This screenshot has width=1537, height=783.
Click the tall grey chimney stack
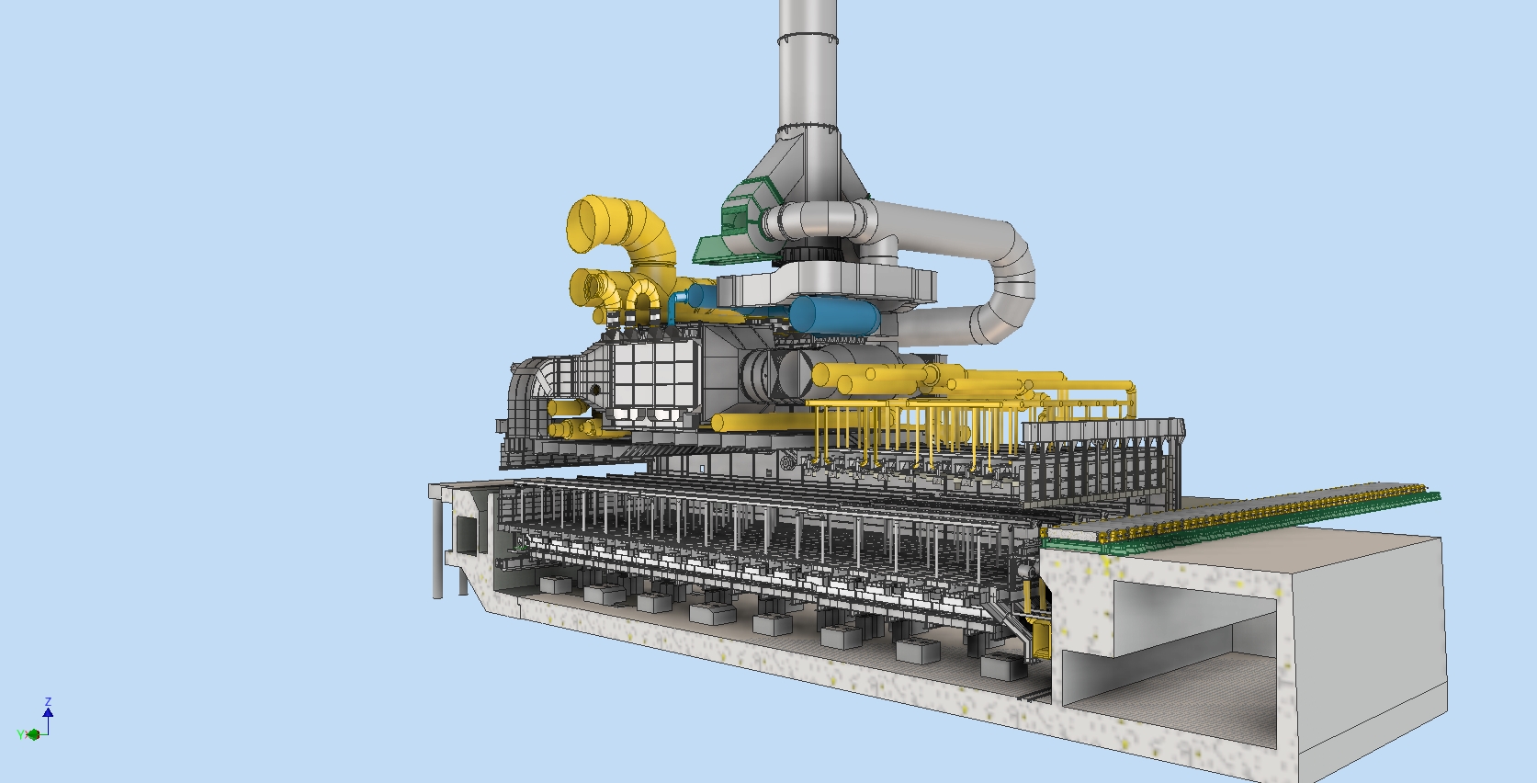point(808,83)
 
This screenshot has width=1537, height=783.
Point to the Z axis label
point(48,702)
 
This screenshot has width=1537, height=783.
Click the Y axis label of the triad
point(19,734)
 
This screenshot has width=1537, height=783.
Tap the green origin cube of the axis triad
point(34,734)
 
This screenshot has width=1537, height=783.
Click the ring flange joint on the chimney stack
point(808,39)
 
